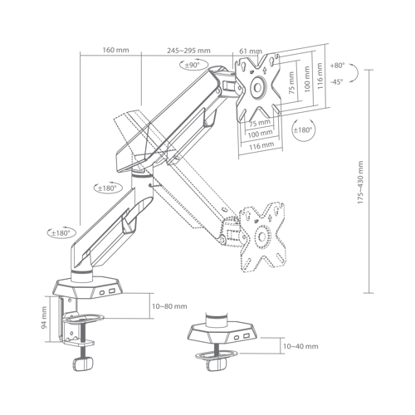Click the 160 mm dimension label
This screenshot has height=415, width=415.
click(115, 50)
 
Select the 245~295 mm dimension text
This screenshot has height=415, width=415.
click(188, 51)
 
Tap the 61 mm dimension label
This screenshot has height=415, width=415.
click(251, 51)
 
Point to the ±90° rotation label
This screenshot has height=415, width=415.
click(193, 66)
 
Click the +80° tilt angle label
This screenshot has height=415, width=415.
click(337, 66)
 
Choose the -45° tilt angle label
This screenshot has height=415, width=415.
click(336, 82)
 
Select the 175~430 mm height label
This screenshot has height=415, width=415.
click(360, 183)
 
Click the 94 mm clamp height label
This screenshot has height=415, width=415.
click(44, 317)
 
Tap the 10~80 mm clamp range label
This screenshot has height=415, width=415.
click(169, 306)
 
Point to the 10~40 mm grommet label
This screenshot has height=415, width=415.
click(300, 346)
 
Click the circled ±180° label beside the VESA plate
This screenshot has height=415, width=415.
click(303, 129)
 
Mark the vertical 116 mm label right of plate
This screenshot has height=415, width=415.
click(320, 76)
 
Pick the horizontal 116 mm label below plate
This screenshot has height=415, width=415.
click(261, 145)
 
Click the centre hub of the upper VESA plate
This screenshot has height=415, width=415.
click(258, 87)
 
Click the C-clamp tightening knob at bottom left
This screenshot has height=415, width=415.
click(83, 364)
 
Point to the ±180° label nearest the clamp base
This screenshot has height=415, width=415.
click(60, 233)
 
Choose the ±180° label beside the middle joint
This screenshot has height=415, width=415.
click(106, 188)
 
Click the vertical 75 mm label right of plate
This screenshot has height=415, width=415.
click(291, 83)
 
